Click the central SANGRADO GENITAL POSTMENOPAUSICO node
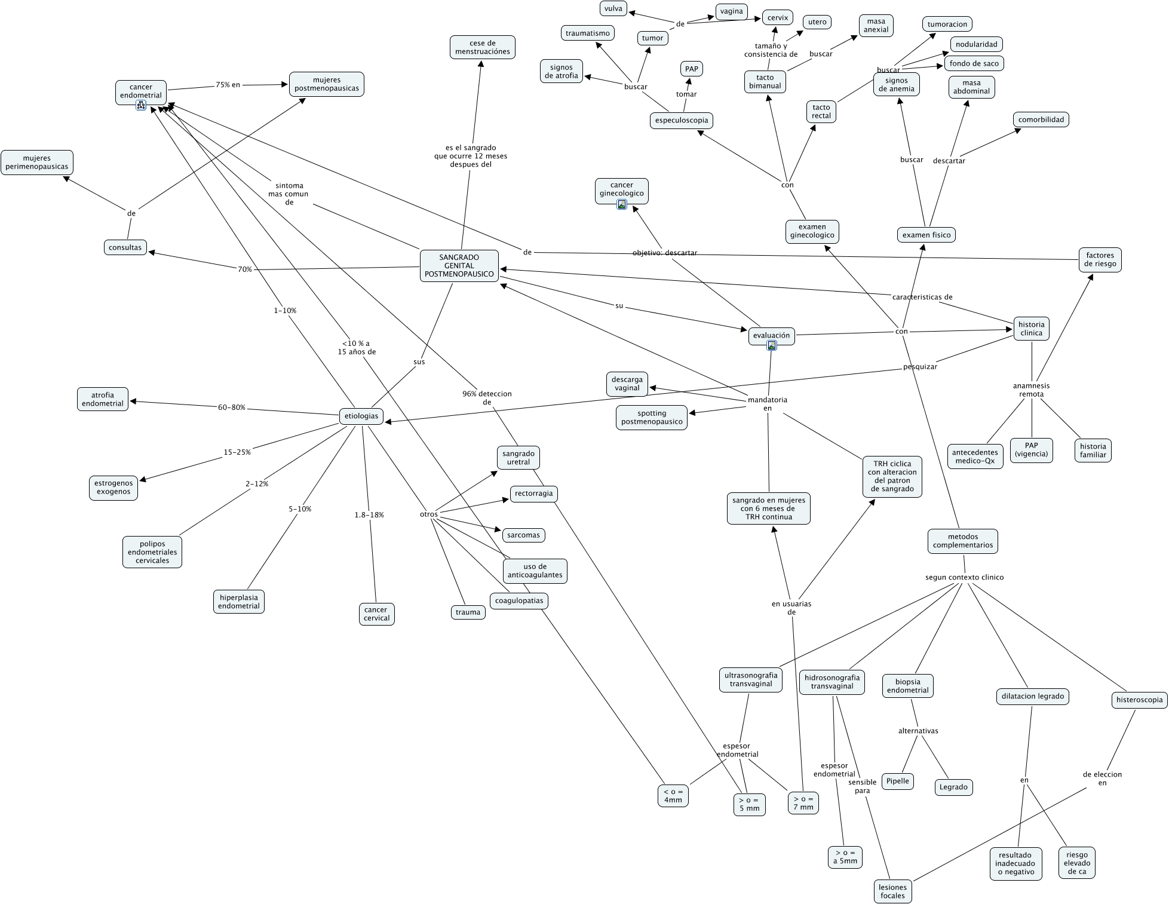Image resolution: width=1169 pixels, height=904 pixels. [459, 266]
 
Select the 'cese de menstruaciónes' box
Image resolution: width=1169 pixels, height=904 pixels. [483, 47]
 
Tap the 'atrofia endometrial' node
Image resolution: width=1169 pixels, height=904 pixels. [103, 399]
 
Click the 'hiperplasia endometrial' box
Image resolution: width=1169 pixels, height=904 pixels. [239, 602]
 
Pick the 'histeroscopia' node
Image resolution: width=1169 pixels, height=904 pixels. [1139, 700]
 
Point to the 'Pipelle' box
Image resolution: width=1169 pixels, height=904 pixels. [898, 781]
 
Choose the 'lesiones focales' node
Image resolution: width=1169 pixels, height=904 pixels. [892, 891]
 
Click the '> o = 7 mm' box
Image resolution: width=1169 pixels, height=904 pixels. [803, 803]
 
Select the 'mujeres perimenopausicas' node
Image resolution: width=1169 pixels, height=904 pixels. [37, 163]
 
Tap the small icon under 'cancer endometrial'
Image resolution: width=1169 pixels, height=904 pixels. [141, 105]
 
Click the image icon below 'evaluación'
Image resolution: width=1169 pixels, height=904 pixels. [772, 345]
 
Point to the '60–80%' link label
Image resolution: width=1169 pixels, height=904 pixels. [232, 407]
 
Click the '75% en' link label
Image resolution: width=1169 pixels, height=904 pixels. [228, 85]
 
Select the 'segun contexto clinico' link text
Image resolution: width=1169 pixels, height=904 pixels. [964, 577]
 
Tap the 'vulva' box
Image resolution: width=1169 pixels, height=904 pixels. [613, 8]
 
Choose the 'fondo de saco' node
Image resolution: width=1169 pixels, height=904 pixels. [974, 63]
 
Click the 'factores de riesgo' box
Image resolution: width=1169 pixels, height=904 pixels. [1101, 259]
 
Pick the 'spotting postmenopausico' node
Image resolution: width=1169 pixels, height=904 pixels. [652, 417]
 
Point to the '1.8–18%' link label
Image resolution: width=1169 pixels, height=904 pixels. [369, 514]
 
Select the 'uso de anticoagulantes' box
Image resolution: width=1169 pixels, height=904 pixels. [535, 571]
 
